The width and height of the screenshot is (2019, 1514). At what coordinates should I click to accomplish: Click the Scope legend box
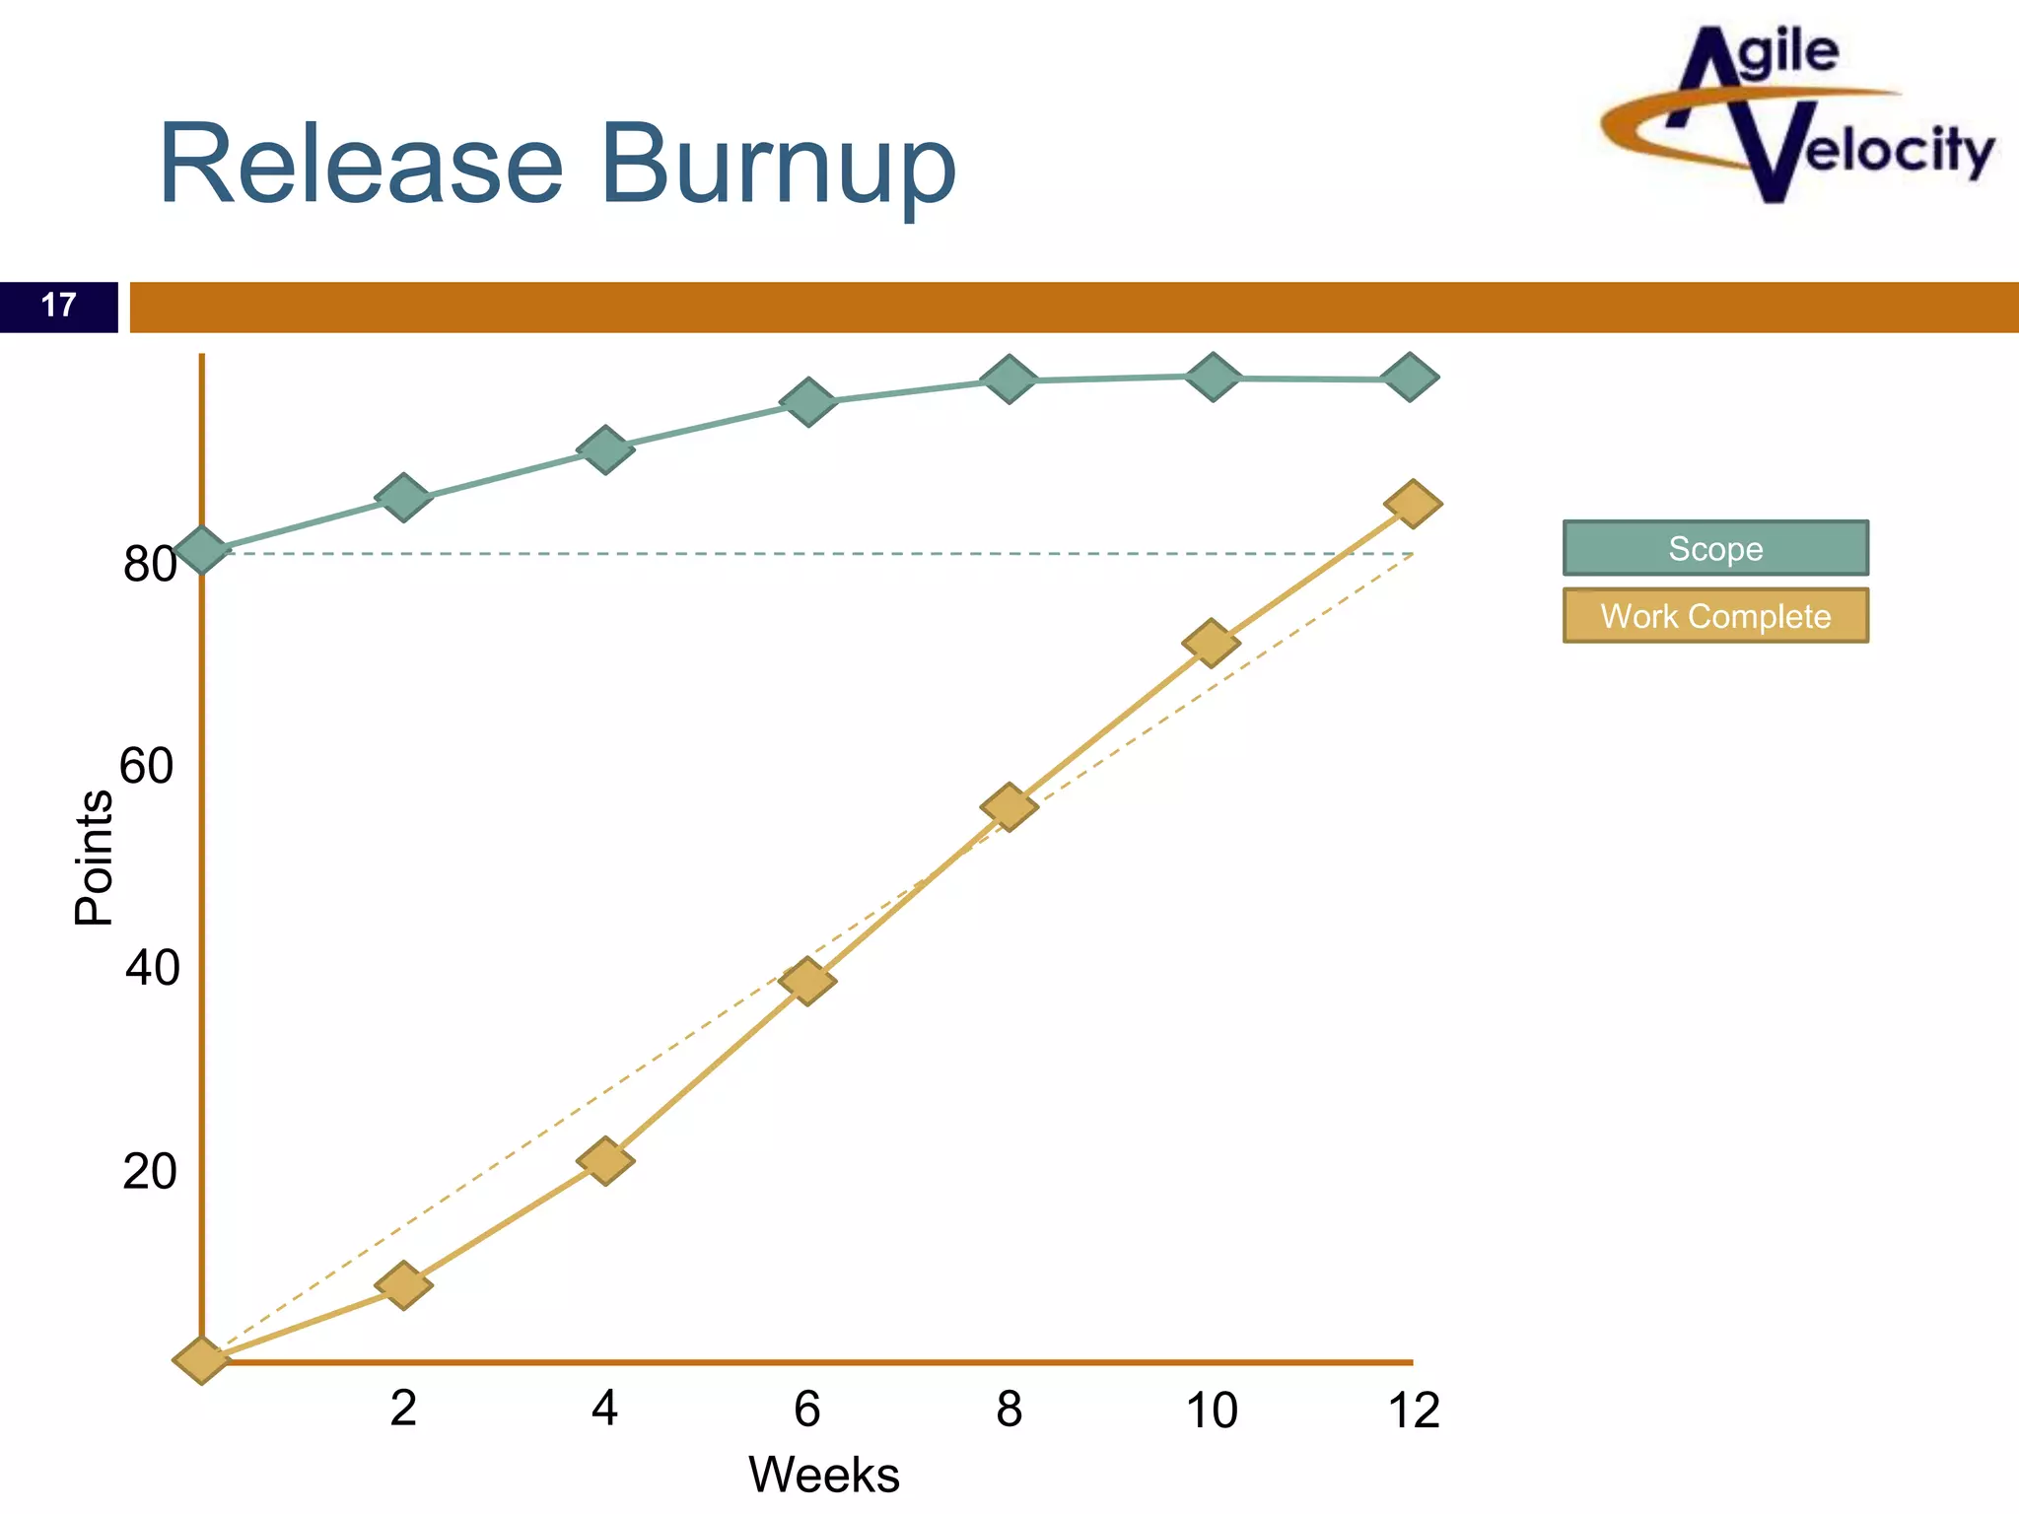pyautogui.click(x=1715, y=548)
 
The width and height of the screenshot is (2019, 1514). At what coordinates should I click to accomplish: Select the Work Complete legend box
pyautogui.click(x=1715, y=616)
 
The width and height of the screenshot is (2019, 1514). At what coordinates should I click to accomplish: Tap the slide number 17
pyautogui.click(x=59, y=306)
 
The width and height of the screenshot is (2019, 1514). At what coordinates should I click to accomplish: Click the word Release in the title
pyautogui.click(x=361, y=165)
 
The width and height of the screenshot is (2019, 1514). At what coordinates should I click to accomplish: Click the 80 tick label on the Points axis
pyautogui.click(x=149, y=565)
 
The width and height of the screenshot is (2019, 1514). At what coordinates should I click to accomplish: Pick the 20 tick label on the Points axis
pyautogui.click(x=149, y=1171)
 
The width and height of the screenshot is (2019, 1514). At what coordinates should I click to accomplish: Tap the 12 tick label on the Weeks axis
pyautogui.click(x=1414, y=1411)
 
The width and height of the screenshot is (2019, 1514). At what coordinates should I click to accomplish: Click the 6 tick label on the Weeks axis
pyautogui.click(x=806, y=1409)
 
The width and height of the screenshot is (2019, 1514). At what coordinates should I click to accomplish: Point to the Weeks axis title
pyautogui.click(x=824, y=1476)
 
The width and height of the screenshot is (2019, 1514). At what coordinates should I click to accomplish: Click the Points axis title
pyautogui.click(x=94, y=858)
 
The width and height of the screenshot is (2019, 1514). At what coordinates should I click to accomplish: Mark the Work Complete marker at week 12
pyautogui.click(x=1413, y=504)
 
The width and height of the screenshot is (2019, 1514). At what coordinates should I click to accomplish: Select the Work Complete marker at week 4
pyautogui.click(x=605, y=1160)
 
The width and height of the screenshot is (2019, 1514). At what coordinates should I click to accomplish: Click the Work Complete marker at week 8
pyautogui.click(x=1009, y=807)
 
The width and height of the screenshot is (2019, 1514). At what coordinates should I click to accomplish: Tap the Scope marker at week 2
pyautogui.click(x=403, y=497)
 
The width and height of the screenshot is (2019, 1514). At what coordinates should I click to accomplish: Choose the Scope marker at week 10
pyautogui.click(x=1212, y=377)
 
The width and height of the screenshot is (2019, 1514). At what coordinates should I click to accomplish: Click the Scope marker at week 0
pyautogui.click(x=202, y=549)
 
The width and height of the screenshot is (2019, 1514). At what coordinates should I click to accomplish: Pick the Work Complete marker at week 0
pyautogui.click(x=202, y=1360)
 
